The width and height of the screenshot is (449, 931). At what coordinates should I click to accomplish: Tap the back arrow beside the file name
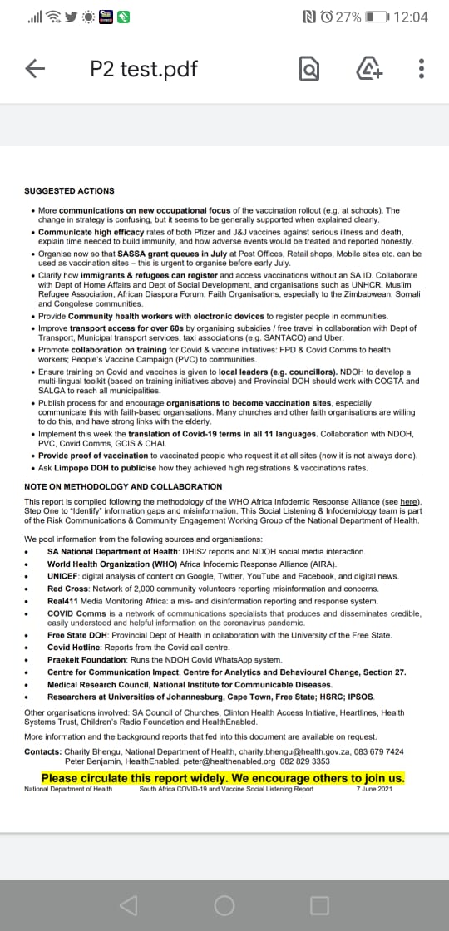click(x=35, y=69)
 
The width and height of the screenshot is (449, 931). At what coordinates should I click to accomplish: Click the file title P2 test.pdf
click(x=144, y=69)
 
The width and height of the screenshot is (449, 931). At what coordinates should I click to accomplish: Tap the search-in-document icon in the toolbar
click(x=309, y=70)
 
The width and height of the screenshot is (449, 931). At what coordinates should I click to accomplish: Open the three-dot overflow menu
click(x=422, y=70)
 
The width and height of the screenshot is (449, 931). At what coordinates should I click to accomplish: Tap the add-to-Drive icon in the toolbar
click(x=368, y=70)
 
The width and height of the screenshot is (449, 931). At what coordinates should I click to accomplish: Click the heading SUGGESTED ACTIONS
click(x=69, y=191)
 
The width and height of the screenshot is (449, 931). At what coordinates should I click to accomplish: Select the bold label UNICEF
click(x=63, y=576)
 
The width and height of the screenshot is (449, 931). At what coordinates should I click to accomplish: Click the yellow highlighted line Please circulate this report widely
click(x=223, y=778)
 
